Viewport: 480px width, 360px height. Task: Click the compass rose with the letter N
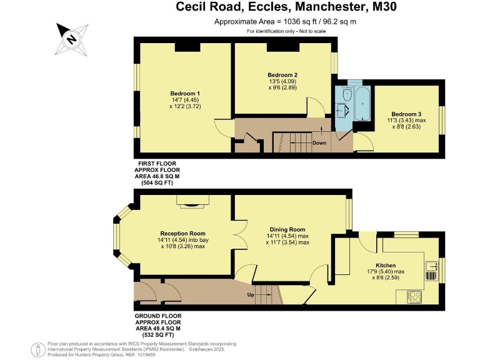point(72,38)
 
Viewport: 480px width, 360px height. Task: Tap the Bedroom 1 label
point(159,94)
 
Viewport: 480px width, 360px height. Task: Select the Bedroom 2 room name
point(282,75)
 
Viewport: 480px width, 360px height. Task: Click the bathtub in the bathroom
point(363,104)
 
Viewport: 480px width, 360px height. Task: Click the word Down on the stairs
point(319,142)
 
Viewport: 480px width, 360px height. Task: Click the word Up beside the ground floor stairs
point(251,294)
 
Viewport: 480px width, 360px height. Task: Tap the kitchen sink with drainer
point(431,270)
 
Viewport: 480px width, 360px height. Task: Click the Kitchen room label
point(386,265)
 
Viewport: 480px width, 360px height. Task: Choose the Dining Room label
point(287,229)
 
